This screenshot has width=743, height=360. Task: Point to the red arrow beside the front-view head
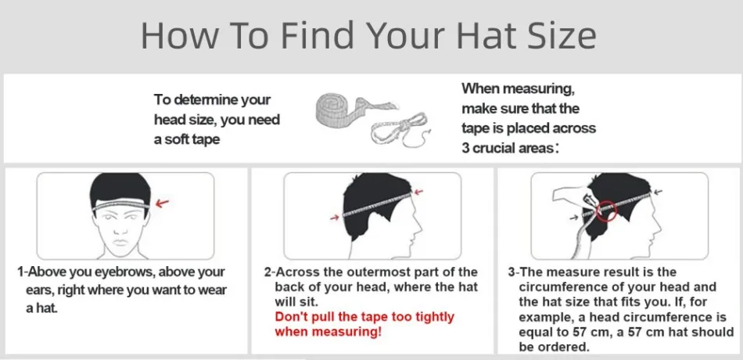point(163,203)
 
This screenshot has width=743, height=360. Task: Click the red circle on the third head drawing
point(606,210)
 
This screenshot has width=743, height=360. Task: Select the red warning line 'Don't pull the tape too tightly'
point(364,317)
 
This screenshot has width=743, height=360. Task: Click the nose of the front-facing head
point(125,227)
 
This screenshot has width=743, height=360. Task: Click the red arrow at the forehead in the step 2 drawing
point(423,190)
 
